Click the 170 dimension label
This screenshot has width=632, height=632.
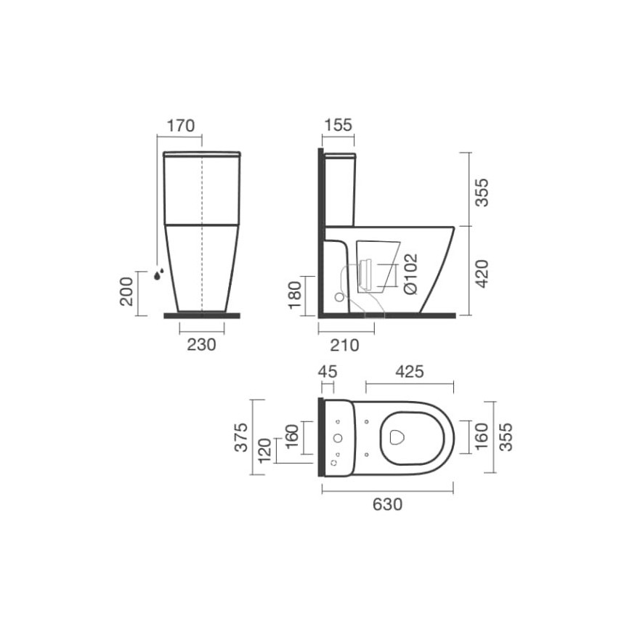(181, 126)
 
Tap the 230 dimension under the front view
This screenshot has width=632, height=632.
(201, 344)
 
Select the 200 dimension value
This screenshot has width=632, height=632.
(126, 291)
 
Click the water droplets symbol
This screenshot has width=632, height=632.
(159, 274)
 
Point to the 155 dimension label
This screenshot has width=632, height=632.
(339, 125)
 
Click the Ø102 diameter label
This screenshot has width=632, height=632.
(410, 274)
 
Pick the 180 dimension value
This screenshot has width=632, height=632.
(295, 295)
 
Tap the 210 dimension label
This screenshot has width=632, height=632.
(344, 345)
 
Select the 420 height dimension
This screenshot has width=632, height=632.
(482, 274)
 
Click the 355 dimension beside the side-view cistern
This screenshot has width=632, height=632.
(482, 193)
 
